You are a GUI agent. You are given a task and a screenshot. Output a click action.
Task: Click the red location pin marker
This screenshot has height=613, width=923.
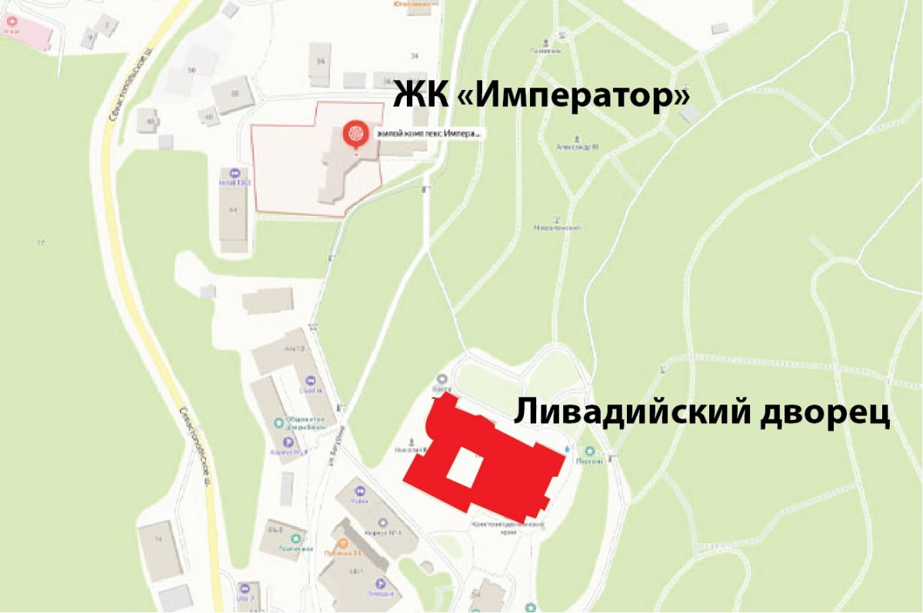355,134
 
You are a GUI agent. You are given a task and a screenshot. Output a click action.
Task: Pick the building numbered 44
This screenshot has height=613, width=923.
233,208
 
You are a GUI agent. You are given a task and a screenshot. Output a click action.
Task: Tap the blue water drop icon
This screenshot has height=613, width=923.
568,447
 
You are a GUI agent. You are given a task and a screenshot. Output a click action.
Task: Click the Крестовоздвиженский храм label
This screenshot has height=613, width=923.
508,526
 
